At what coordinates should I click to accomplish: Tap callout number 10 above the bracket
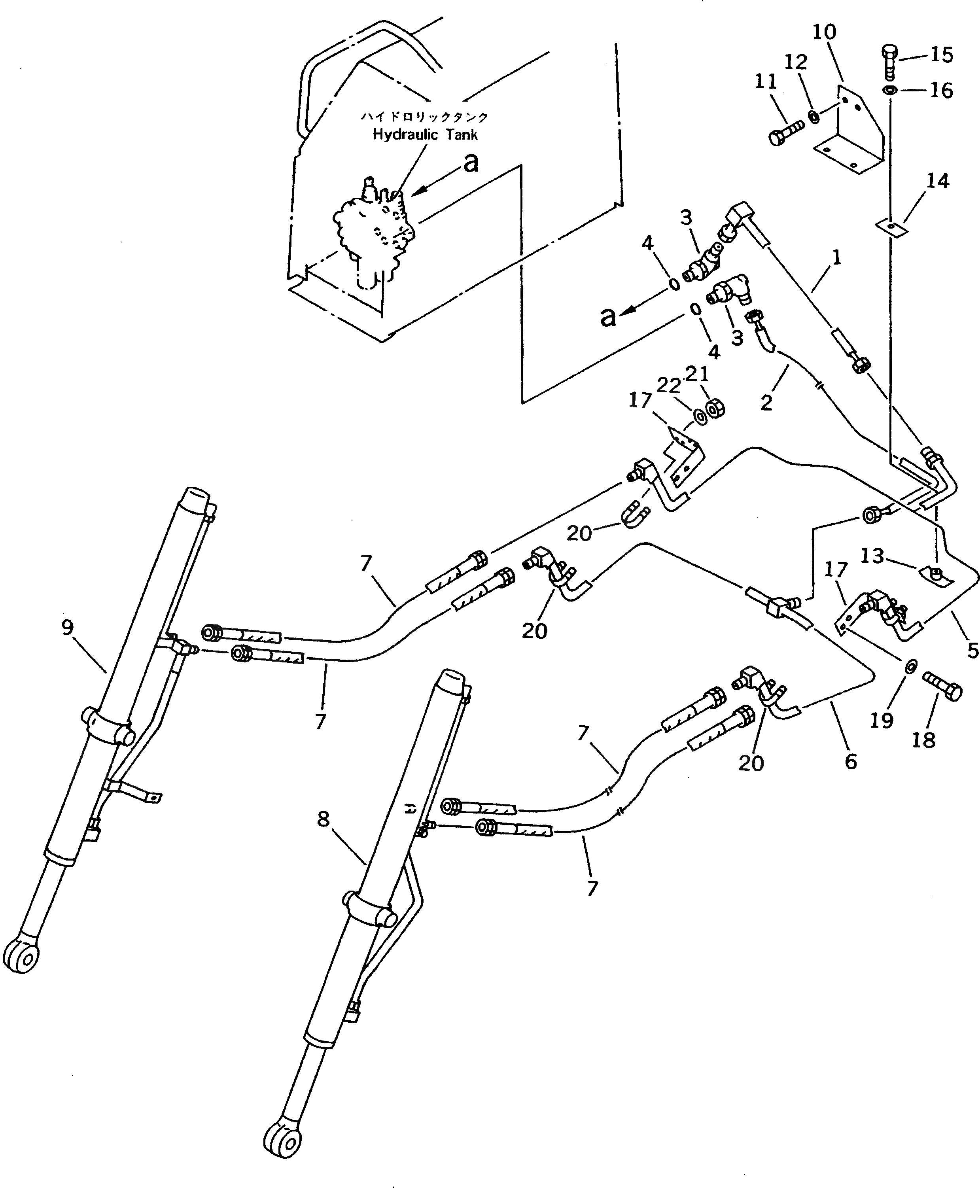pos(824,32)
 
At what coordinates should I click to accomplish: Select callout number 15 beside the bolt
pos(941,55)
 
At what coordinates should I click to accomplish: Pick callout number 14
pos(937,181)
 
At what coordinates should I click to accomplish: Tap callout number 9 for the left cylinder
pos(68,627)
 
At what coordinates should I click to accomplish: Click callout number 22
pos(668,386)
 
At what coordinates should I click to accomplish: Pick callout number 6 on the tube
pos(851,761)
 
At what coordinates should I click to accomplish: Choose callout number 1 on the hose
pos(836,258)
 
